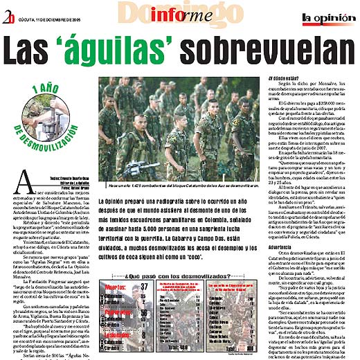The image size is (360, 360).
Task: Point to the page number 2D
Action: pos(9,7)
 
